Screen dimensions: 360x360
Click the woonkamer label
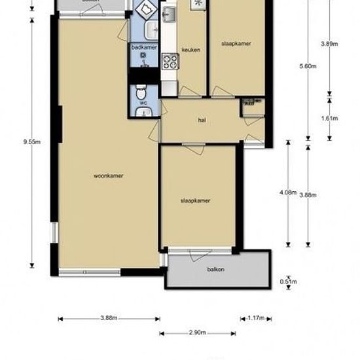click(x=109, y=175)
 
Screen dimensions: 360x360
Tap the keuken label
click(x=192, y=50)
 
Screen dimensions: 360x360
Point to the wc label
click(x=142, y=103)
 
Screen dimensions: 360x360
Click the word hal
click(x=202, y=120)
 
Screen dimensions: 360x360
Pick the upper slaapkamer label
click(x=237, y=44)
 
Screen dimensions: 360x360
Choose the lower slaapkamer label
click(x=195, y=201)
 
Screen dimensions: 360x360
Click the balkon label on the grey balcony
click(x=216, y=270)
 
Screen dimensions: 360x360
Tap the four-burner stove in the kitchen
click(x=170, y=62)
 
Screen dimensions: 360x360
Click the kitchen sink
click(x=169, y=14)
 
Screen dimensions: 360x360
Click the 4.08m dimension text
click(x=287, y=192)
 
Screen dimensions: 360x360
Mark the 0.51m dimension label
click(x=287, y=282)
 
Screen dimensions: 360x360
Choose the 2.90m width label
click(x=198, y=333)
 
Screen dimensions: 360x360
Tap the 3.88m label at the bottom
click(x=109, y=318)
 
